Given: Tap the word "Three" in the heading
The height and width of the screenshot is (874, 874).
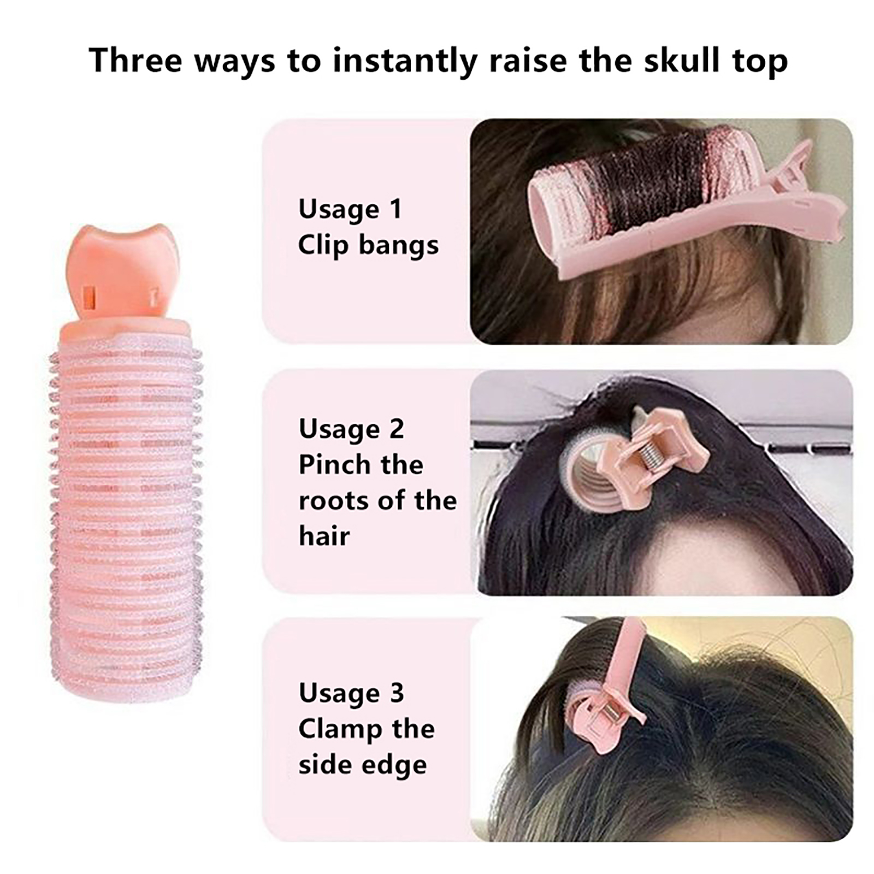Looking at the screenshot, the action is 135,60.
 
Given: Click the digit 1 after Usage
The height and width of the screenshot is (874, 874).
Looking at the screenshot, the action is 395,209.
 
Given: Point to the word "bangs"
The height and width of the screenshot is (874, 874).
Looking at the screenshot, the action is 399,246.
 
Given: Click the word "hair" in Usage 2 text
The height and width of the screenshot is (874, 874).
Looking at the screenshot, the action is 324,536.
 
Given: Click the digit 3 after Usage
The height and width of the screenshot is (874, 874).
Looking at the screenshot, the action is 397,693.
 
